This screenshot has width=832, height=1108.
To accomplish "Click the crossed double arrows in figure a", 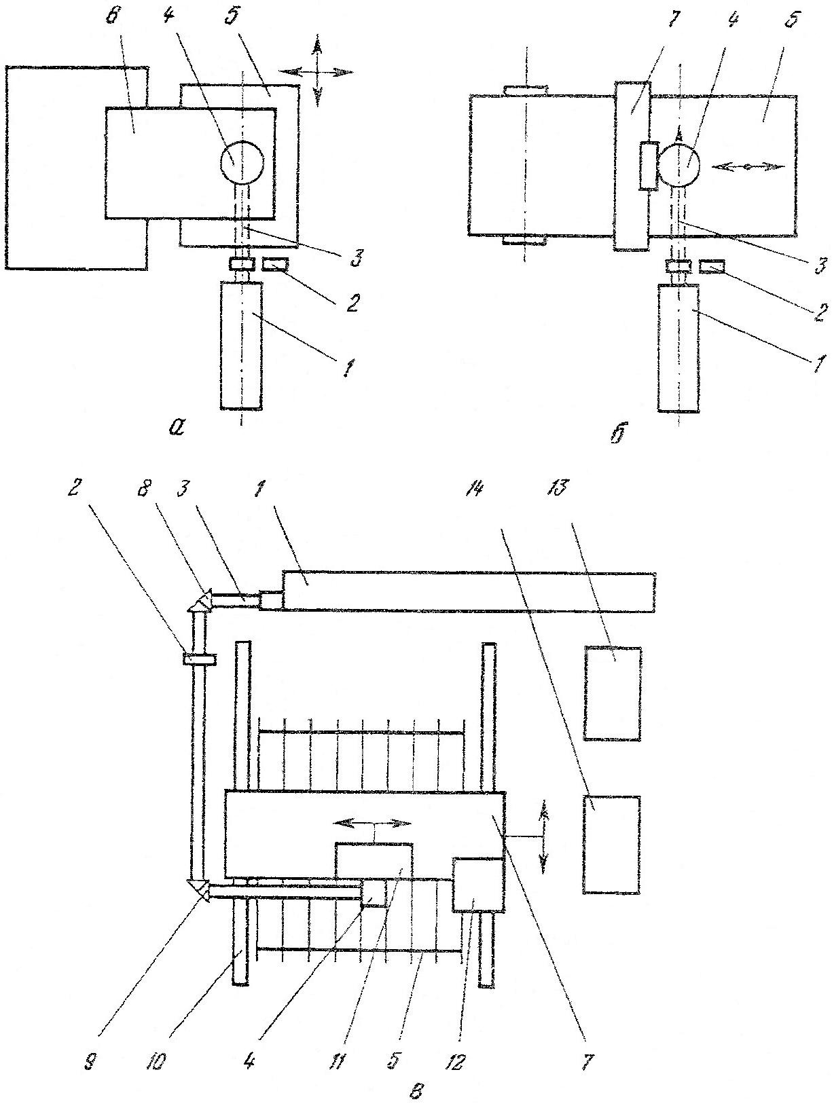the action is (318, 71).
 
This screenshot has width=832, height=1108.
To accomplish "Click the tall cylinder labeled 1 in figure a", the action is (242, 346).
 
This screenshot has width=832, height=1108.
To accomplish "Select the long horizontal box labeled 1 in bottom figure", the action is (469, 591).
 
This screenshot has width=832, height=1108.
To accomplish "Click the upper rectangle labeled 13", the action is (613, 693).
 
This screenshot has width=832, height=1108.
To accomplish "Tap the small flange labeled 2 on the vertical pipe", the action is (200, 659).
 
